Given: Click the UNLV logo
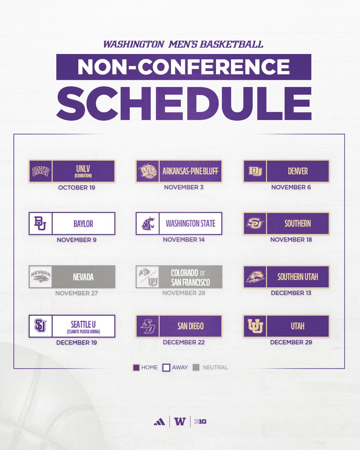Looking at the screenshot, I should pos(40,171).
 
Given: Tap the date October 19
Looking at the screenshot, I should pos(76,187).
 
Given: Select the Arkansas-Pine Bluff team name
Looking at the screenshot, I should pos(190,171).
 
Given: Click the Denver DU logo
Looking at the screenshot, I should pos(255,171).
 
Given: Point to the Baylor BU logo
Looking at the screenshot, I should pos(40,223).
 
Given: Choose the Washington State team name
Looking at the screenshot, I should pos(190,223).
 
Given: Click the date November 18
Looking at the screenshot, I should pos(291,239).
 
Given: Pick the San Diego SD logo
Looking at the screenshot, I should pos(147,326).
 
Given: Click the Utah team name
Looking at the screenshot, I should pos(297,326).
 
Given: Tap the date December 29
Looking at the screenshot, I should pos(291,342).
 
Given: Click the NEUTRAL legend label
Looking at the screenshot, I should pos(215,367).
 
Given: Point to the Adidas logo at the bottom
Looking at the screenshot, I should pos(159,421).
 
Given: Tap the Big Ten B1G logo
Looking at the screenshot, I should pos(200,421).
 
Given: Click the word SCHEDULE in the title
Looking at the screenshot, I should pos(184,103).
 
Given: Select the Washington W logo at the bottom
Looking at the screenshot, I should pos(180,421).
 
